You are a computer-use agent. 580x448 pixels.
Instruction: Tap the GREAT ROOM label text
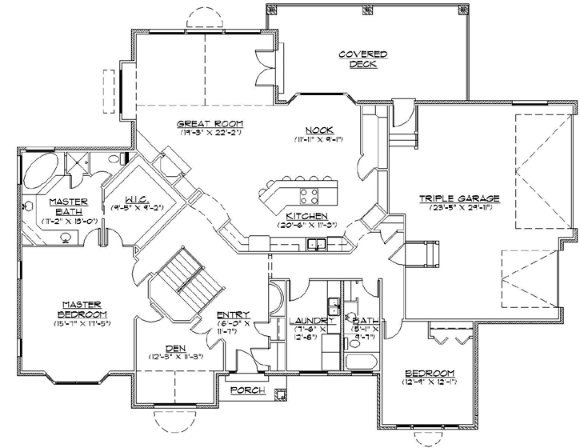210,123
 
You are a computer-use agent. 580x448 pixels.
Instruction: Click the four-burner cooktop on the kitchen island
308,195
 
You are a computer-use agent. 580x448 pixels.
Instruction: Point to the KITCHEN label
305,216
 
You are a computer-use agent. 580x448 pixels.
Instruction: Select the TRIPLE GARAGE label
459,198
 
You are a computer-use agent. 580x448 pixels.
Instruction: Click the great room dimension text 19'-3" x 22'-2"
210,133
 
